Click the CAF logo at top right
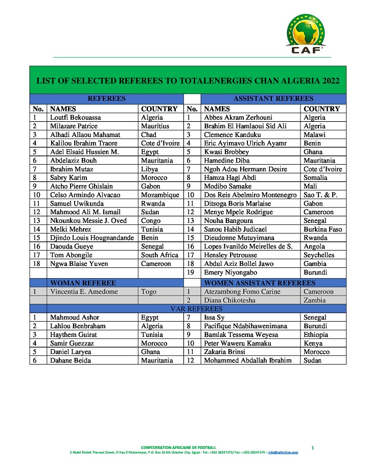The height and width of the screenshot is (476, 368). (x=306, y=33)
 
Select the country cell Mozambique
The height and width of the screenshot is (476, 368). (x=160, y=195)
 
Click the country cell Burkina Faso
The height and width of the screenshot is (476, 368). (x=323, y=230)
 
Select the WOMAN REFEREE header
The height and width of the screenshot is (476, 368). (x=83, y=283)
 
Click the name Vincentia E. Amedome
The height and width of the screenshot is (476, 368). (x=84, y=292)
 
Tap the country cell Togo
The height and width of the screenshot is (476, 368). (x=149, y=292)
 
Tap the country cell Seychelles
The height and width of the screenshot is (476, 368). (x=319, y=255)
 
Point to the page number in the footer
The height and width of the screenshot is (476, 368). (x=312, y=448)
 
